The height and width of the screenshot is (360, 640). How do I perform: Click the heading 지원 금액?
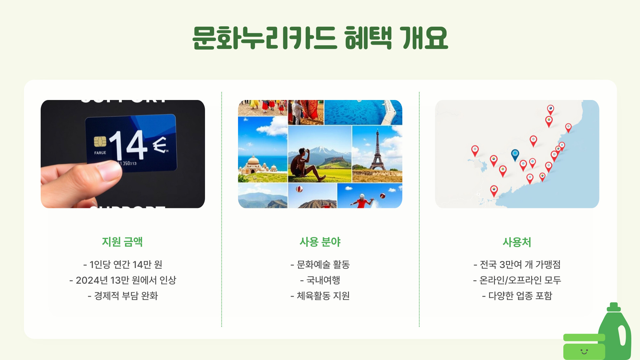pyautogui.click(x=122, y=242)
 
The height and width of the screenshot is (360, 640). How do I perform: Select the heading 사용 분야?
pyautogui.click(x=320, y=242)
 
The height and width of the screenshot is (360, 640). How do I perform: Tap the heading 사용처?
pyautogui.click(x=517, y=242)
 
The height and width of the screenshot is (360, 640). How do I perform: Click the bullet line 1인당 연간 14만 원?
pyautogui.click(x=123, y=264)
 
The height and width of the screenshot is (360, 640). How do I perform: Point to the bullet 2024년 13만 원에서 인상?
pyautogui.click(x=123, y=280)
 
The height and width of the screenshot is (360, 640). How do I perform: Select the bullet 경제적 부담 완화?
pyautogui.click(x=123, y=296)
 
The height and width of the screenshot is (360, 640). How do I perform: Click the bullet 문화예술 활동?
pyautogui.click(x=320, y=264)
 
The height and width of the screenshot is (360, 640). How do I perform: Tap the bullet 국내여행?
pyautogui.click(x=320, y=280)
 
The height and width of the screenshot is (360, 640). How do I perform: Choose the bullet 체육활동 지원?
pyautogui.click(x=320, y=296)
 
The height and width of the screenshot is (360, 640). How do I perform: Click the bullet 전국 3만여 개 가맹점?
pyautogui.click(x=517, y=264)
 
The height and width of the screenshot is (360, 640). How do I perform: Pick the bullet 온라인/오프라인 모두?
pyautogui.click(x=517, y=280)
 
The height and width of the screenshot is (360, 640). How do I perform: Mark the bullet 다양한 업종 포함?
pyautogui.click(x=517, y=296)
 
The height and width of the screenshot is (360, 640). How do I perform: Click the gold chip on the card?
pyautogui.click(x=100, y=141)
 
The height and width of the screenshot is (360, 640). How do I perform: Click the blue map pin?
pyautogui.click(x=515, y=154)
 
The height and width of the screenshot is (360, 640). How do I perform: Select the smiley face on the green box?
pyautogui.click(x=584, y=351)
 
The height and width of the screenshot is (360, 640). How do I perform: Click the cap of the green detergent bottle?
pyautogui.click(x=614, y=307)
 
